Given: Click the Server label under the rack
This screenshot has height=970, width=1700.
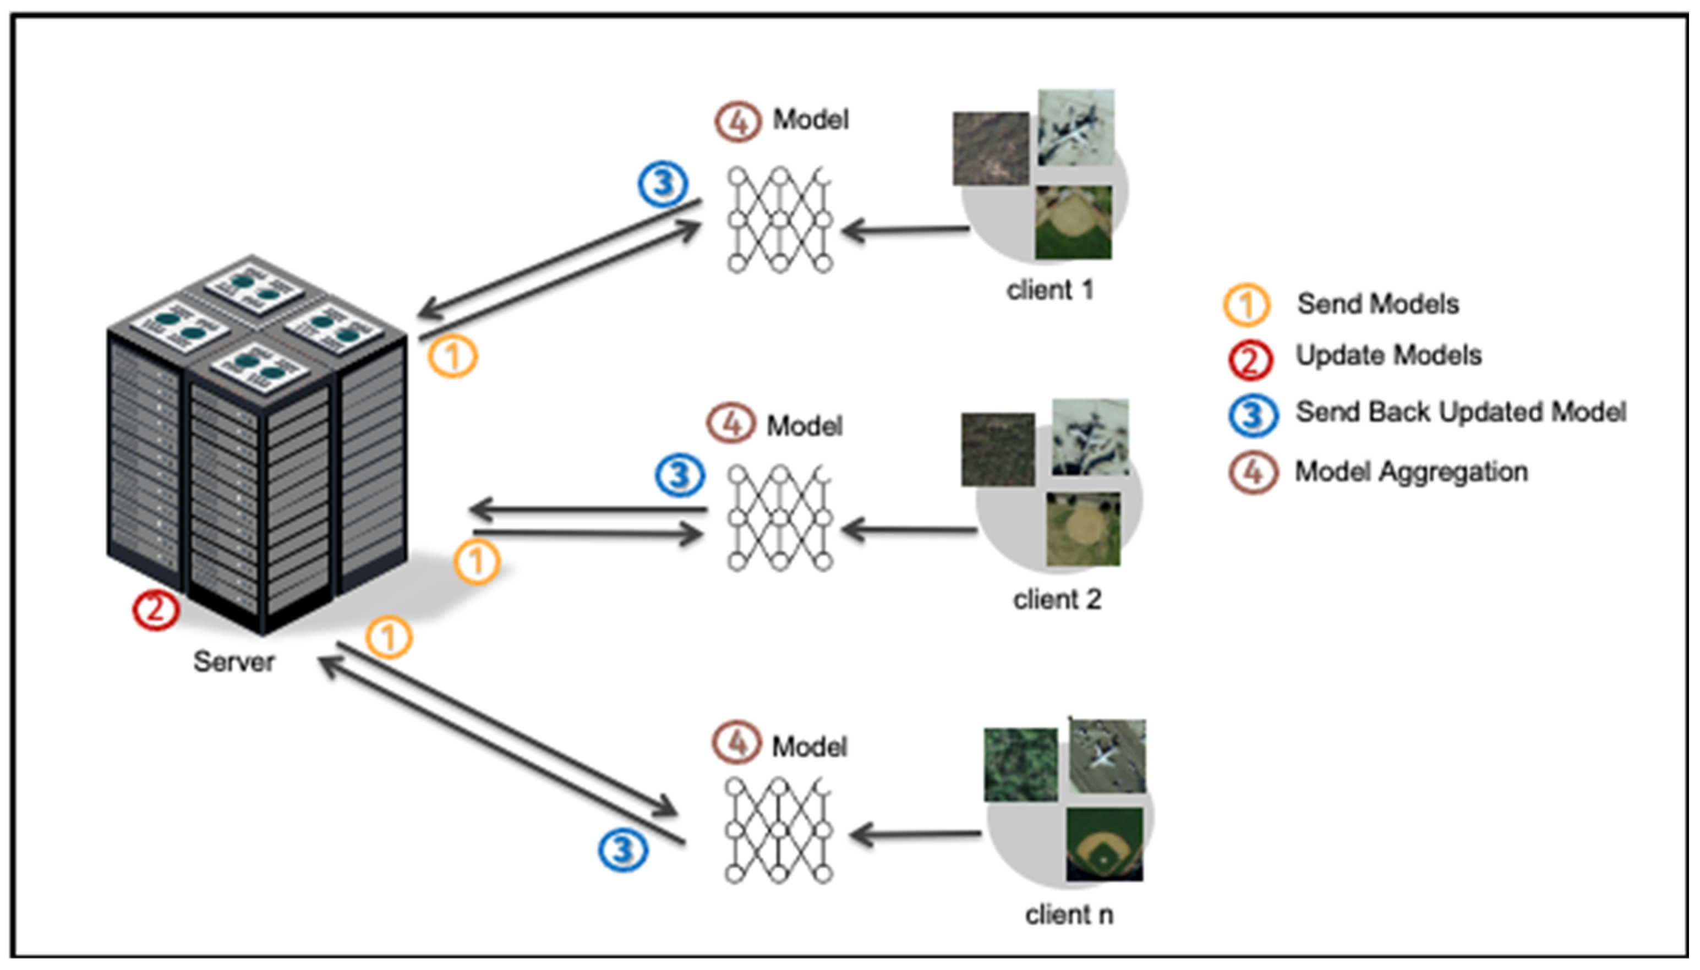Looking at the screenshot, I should click(x=233, y=661).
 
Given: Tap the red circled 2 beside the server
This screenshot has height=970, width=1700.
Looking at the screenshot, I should click(x=155, y=610).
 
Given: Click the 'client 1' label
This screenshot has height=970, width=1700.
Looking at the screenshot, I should click(x=1050, y=291).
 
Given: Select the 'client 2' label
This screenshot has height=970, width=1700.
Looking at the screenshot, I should click(x=1057, y=600).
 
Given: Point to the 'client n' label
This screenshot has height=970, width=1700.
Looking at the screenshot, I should click(x=1069, y=914).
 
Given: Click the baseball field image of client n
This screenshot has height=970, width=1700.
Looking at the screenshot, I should click(x=1104, y=844).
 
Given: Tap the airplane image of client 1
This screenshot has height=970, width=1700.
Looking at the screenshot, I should click(x=1075, y=127).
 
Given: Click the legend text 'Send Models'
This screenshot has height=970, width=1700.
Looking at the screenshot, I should click(x=1378, y=304).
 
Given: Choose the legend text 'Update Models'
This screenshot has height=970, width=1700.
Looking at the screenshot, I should click(x=1388, y=355).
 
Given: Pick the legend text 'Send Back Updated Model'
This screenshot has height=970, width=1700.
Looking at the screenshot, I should click(x=1460, y=412).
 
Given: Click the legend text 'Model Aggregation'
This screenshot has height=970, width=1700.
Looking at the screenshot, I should click(x=1411, y=472).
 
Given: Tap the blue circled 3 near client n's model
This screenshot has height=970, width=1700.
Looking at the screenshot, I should click(x=622, y=850).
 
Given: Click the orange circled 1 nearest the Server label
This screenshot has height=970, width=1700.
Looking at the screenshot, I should click(x=389, y=638).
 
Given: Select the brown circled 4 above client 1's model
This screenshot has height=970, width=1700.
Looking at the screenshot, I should click(x=737, y=122).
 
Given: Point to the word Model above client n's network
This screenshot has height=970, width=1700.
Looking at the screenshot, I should click(x=809, y=746).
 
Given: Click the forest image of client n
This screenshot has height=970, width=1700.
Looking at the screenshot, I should click(x=1020, y=764).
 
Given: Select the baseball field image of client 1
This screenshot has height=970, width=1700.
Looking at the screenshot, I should click(x=1073, y=222).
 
